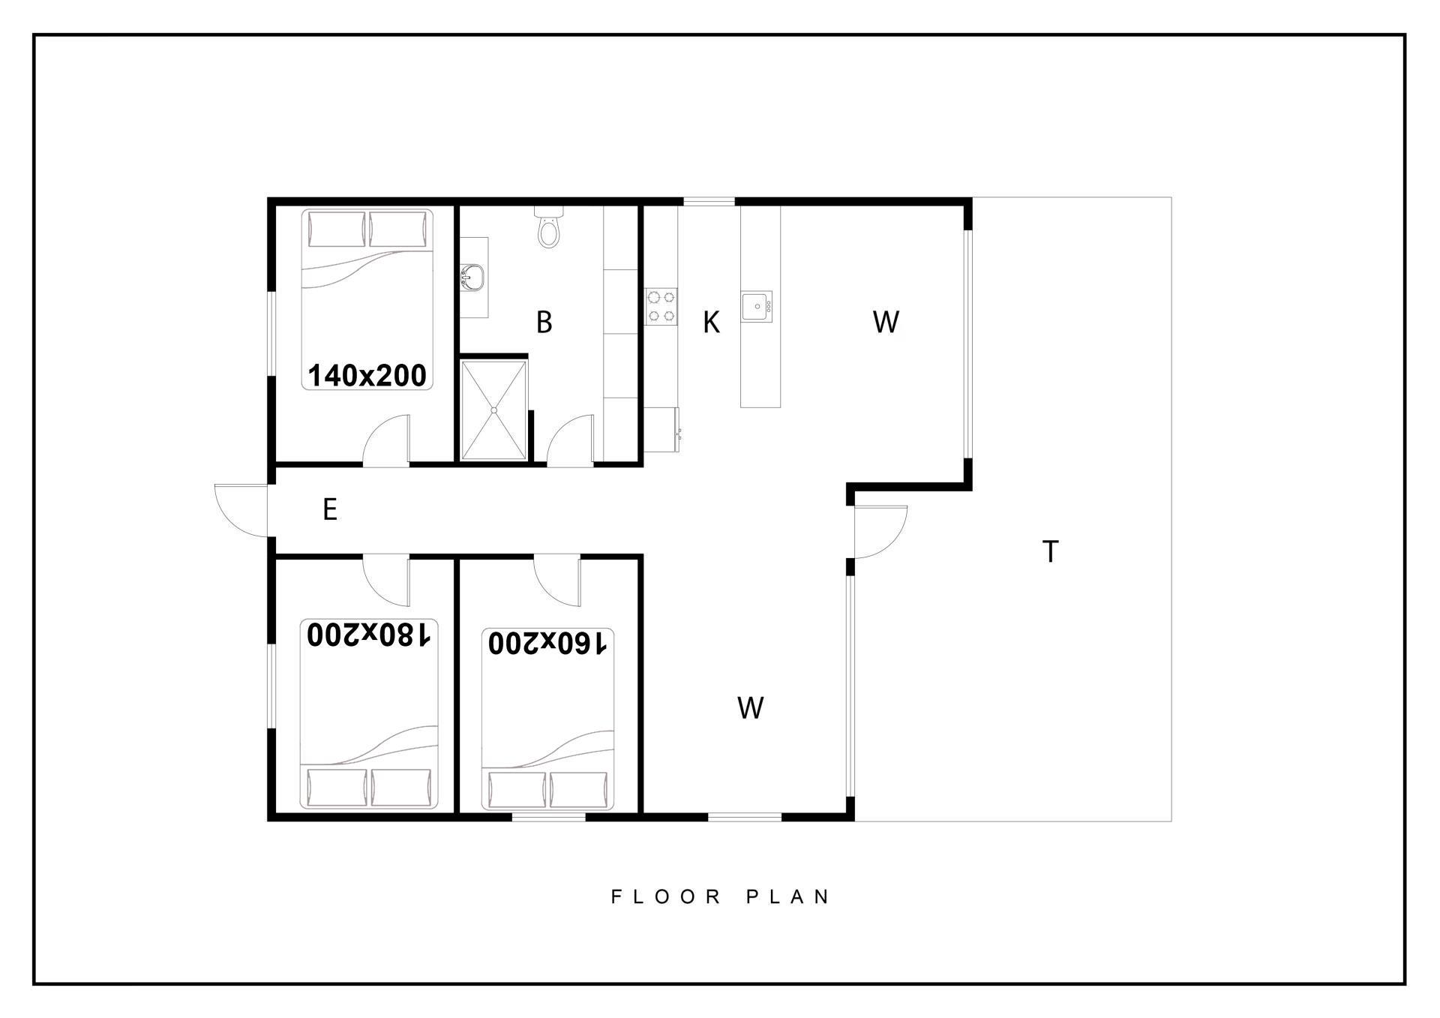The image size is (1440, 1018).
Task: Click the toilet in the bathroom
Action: [548, 227]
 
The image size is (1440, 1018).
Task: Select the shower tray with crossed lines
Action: [493, 410]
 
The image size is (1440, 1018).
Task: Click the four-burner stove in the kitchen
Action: [661, 307]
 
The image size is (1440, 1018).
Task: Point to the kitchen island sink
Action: [757, 307]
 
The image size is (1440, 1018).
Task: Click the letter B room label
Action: [544, 323]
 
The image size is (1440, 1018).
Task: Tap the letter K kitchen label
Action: [711, 323]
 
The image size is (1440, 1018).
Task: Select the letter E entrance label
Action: [329, 509]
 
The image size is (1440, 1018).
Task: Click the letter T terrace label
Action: [1051, 551]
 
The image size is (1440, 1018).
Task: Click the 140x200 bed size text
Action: [367, 375]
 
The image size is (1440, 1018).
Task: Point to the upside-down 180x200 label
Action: [368, 635]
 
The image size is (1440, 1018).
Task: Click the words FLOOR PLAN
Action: [721, 896]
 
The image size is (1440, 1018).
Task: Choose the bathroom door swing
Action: [571, 440]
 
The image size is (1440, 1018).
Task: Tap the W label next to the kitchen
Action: [886, 322]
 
